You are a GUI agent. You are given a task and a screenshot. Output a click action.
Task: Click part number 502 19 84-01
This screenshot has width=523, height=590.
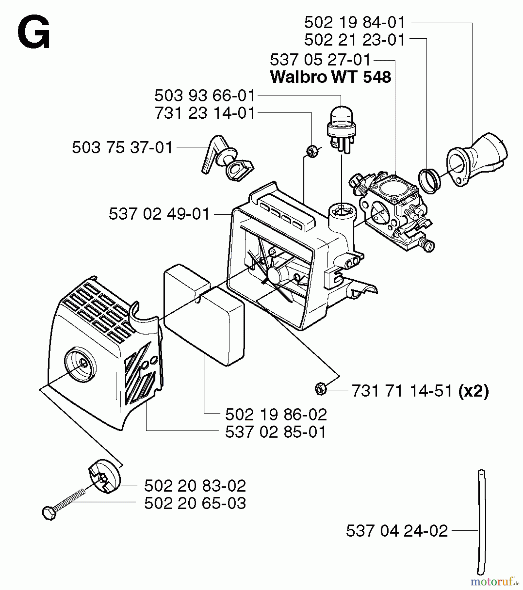tap(355, 23)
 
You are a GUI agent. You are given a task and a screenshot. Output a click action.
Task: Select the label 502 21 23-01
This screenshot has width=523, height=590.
tap(355, 40)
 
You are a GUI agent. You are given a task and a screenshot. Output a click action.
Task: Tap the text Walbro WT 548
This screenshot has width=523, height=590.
tap(330, 77)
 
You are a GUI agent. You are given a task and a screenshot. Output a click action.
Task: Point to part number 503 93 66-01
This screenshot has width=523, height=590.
tap(205, 96)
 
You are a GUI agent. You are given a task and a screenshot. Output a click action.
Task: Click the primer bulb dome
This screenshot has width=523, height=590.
tap(341, 115)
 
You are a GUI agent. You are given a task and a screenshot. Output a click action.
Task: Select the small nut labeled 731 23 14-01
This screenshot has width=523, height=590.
tap(311, 151)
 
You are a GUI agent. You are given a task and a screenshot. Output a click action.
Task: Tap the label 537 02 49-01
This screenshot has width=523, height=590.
tap(159, 215)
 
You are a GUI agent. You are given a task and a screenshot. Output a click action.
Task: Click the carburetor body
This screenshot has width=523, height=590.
tap(394, 206)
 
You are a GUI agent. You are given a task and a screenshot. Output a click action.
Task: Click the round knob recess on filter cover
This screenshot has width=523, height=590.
tap(81, 364)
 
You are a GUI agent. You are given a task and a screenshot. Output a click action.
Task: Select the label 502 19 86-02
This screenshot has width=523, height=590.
tap(276, 415)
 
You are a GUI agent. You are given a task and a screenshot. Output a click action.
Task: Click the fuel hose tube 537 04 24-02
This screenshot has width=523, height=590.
tap(481, 524)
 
